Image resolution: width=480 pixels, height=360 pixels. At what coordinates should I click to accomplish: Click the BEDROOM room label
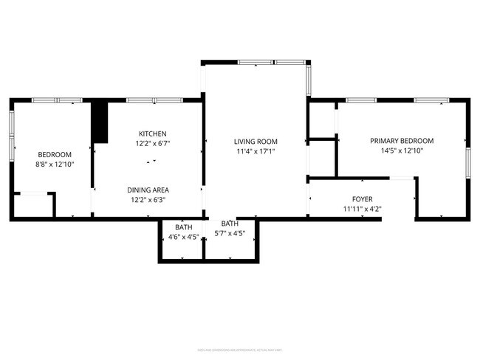55,154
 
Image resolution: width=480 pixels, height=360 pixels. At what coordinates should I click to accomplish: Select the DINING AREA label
146,190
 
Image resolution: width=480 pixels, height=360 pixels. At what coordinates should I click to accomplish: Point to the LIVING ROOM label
256,142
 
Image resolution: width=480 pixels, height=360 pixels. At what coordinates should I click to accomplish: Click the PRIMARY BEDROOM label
402,141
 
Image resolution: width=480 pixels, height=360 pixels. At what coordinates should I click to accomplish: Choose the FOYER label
362,199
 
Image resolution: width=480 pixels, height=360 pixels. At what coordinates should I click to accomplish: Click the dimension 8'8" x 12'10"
55,165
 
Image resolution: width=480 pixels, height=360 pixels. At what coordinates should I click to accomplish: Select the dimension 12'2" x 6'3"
147,199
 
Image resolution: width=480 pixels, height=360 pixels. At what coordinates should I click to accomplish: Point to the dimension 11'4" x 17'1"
256,152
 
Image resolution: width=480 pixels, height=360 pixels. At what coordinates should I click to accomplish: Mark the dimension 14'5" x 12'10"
402,150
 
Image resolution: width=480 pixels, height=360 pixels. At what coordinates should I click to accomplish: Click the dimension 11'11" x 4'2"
362,209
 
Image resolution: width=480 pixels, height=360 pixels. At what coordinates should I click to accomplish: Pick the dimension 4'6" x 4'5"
182,237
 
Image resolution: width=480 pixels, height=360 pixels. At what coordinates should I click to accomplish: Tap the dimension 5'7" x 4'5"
230,233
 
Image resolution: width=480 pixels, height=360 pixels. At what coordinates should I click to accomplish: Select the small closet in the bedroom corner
33,205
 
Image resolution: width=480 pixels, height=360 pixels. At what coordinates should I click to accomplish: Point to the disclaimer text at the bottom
240,349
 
